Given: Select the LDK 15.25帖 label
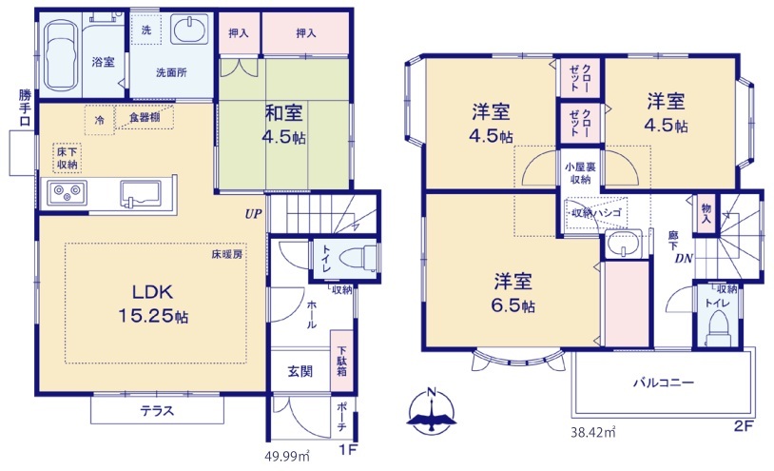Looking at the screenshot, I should click(152, 304).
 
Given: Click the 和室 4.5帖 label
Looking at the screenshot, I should click(285, 124).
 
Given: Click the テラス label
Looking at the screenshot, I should click(157, 411).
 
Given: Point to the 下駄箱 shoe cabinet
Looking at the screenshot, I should click(339, 360).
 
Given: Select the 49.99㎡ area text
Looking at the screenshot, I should click(287, 456).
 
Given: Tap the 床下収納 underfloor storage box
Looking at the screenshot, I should click(66, 158).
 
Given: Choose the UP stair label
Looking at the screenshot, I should click(252, 213).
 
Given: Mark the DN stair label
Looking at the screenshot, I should click(683, 258).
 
